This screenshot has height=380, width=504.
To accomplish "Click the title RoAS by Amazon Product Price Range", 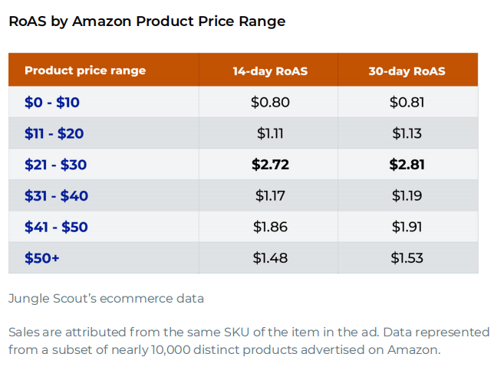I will [147, 21].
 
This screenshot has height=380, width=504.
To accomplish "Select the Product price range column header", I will [85, 70].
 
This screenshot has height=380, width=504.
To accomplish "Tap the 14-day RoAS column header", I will [270, 71].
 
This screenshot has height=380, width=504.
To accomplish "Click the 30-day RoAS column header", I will [407, 71].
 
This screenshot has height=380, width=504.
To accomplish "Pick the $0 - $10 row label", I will [51, 102].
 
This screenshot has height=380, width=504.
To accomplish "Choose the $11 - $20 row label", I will [54, 133].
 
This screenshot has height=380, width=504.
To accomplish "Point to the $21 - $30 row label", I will [56, 165].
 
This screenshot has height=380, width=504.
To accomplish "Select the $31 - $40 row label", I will [56, 195].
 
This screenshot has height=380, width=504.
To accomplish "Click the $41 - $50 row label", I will [56, 227].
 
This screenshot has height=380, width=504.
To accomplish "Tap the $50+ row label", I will [42, 258].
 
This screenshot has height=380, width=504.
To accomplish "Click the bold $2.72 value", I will [270, 165].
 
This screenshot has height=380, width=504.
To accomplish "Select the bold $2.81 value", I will [407, 165].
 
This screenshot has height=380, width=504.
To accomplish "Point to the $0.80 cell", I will [270, 102].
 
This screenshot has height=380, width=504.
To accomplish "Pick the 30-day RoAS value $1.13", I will [407, 133].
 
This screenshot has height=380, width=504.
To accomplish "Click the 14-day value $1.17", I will [270, 195].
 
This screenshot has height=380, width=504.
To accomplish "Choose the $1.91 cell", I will [407, 227].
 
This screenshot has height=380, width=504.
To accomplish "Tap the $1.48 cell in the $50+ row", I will [270, 258].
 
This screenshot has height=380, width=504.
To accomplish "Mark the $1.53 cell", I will [407, 258].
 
